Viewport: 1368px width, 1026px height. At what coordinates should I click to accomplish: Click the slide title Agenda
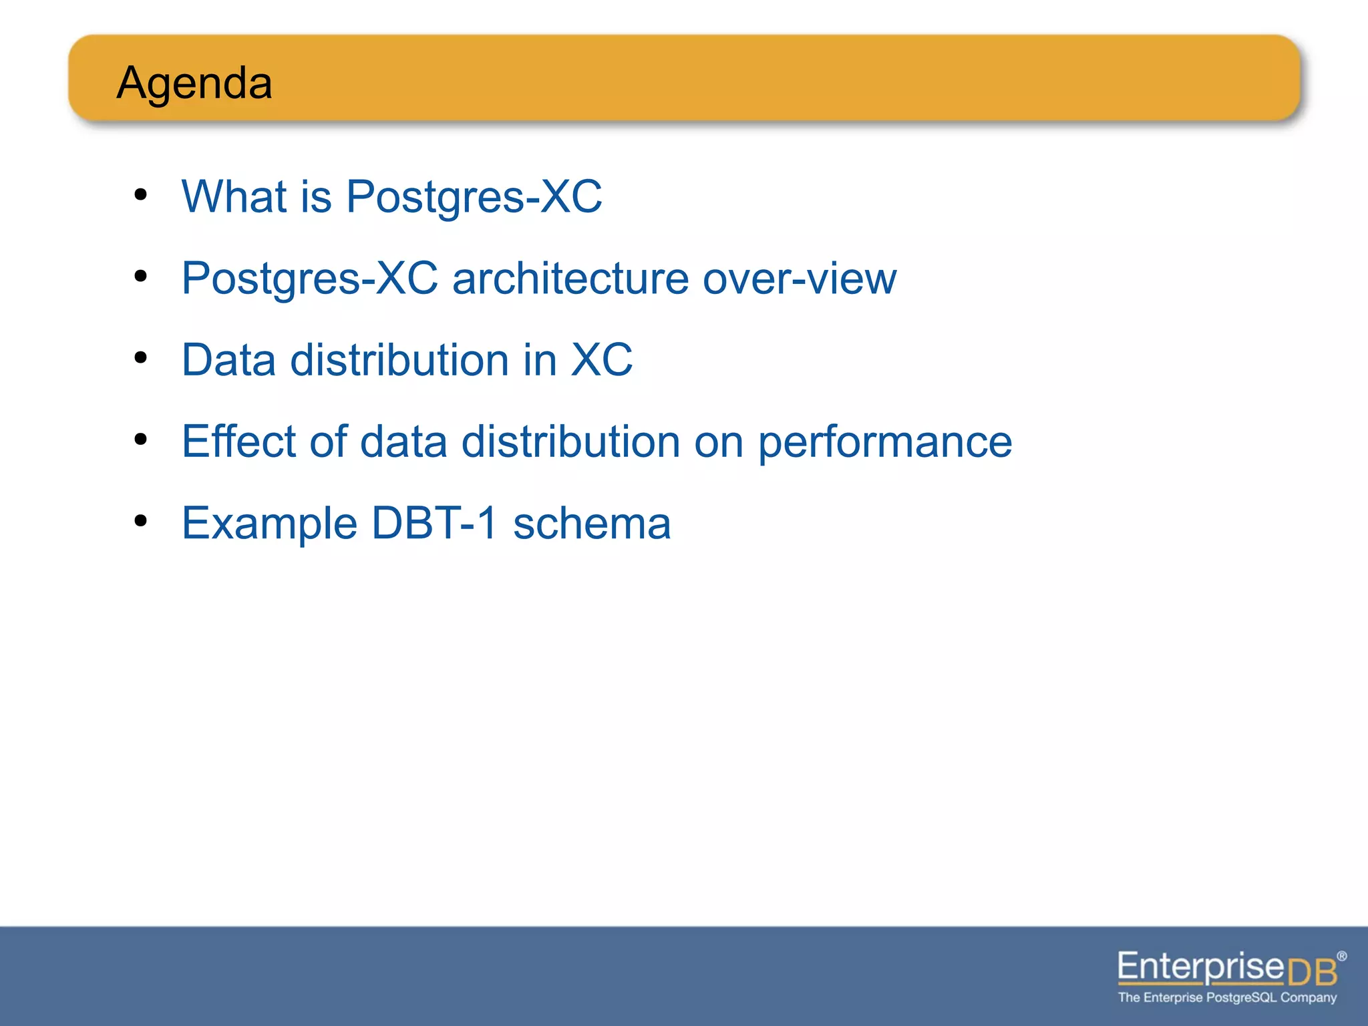coord(194,83)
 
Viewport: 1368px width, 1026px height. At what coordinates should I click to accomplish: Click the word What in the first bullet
coord(234,197)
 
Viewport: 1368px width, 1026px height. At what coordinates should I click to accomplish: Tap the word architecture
coord(570,279)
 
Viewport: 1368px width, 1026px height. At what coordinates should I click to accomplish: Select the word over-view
coord(799,279)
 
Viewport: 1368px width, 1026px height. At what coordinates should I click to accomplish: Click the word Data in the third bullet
coord(228,360)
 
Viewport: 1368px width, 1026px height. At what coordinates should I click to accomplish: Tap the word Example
coord(269,524)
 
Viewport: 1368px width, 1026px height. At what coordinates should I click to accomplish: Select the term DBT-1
coord(434,523)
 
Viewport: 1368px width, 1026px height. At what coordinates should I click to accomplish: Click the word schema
coord(591,524)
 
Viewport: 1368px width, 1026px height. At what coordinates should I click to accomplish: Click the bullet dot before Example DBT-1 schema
coord(140,520)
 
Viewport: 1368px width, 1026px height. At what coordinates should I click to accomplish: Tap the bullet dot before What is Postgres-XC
coord(140,194)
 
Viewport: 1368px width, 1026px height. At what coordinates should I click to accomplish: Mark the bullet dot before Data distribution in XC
coord(140,357)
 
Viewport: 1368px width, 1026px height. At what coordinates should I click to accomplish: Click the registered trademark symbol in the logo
coord(1341,957)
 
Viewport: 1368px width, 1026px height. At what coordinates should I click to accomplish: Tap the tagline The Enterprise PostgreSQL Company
coord(1227,998)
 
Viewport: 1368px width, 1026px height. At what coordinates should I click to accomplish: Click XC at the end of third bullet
coord(601,360)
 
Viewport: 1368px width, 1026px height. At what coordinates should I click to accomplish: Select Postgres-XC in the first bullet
coord(474,197)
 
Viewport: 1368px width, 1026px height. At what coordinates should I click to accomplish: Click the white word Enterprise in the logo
coord(1200,967)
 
